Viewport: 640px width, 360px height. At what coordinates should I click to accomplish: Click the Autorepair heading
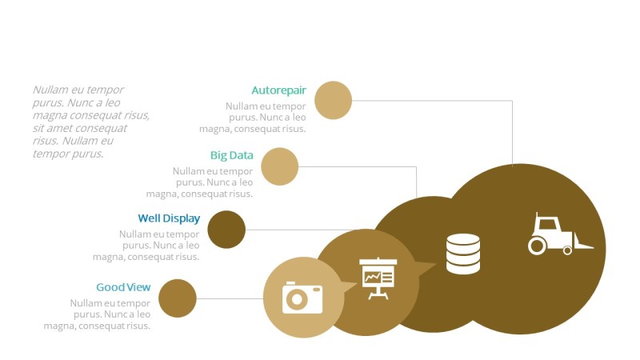278,90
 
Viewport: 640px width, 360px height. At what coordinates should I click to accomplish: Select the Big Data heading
231,155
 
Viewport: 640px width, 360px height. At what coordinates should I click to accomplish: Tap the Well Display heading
169,218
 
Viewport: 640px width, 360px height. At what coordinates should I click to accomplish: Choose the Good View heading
123,287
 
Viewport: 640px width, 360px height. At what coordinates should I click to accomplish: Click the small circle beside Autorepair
334,100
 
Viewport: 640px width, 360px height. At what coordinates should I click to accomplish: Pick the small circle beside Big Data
280,166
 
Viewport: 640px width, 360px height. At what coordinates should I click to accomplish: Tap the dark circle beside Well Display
226,230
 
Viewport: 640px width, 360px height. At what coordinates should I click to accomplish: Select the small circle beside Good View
178,298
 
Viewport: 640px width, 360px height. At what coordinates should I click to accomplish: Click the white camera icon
302,298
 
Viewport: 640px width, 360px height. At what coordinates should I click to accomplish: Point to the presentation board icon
378,278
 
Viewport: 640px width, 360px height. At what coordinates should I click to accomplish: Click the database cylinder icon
463,254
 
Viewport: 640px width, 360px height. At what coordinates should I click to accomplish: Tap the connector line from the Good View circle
230,298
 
